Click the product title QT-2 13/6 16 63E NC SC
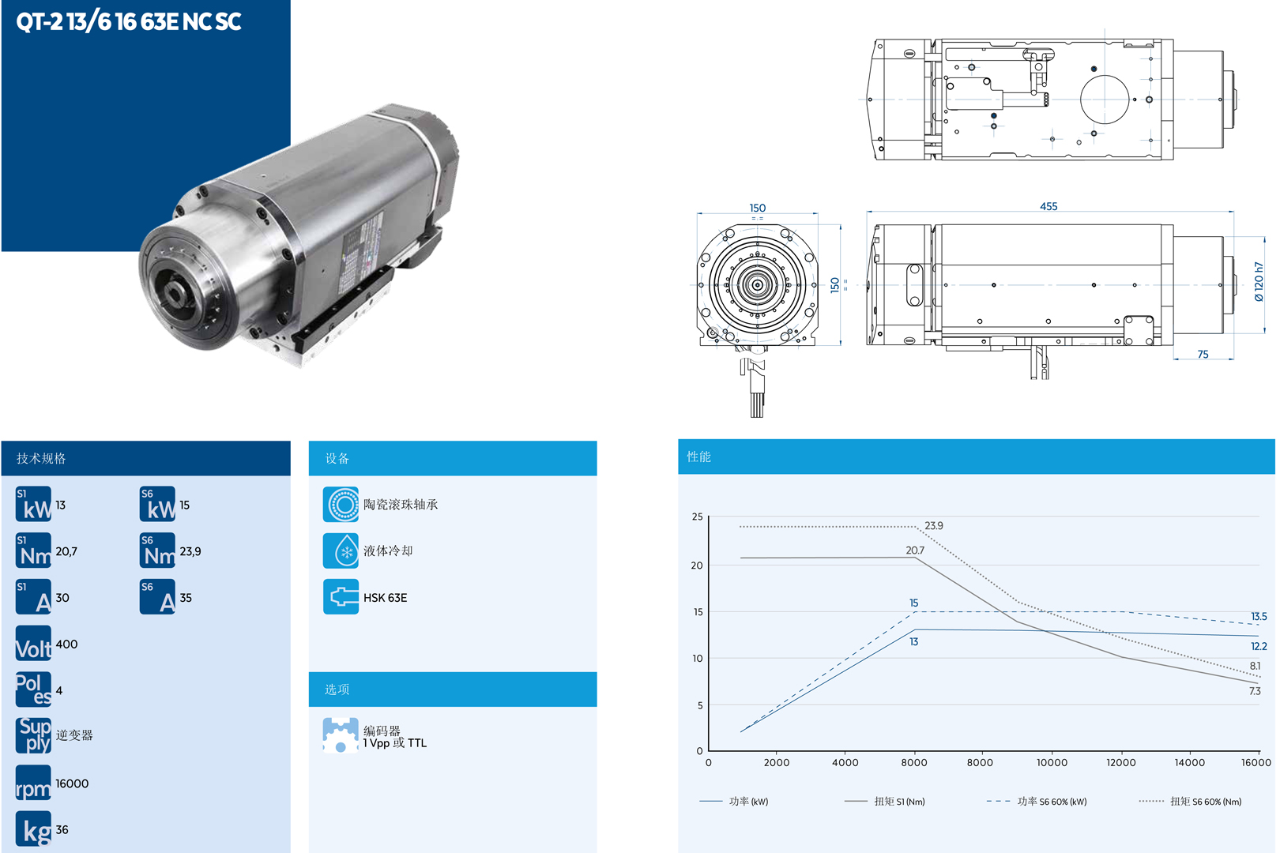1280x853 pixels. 129,21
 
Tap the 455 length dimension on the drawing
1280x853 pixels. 1048,206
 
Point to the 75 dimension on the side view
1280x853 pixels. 1203,354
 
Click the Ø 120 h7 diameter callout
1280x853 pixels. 1259,281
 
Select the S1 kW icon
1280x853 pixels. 33,504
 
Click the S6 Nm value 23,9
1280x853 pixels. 190,551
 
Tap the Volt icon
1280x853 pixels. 33,644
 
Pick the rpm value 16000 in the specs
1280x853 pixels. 72,783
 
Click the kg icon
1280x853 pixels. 33,829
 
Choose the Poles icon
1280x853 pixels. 33,690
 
